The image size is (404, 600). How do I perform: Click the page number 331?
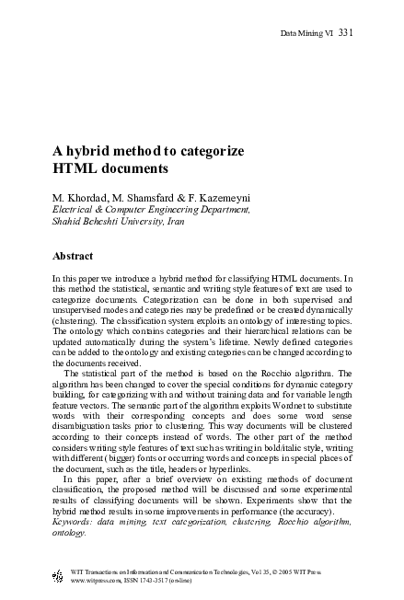pos(345,34)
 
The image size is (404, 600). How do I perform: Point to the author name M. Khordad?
pos(82,197)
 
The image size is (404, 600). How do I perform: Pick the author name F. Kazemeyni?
pos(226,197)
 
